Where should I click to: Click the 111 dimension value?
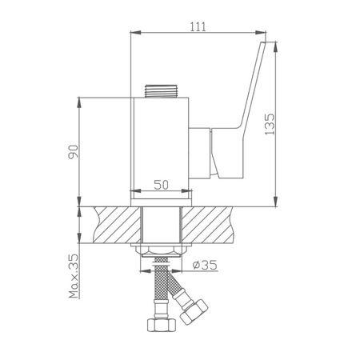pyautogui.click(x=198, y=26)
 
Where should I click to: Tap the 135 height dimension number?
pyautogui.click(x=270, y=124)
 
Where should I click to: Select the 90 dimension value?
pyautogui.click(x=74, y=152)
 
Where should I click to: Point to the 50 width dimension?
pyautogui.click(x=162, y=185)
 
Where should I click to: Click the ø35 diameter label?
pyautogui.click(x=205, y=265)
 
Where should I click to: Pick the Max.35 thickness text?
pyautogui.click(x=74, y=276)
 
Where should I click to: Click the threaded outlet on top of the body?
pyautogui.click(x=161, y=91)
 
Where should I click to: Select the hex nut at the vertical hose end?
pyautogui.click(x=162, y=325)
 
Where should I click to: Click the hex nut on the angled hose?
pyautogui.click(x=194, y=311)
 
